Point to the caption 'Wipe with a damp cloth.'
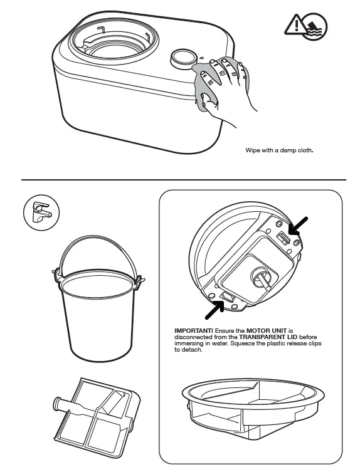(x=278, y=150)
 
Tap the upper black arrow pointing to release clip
(x=300, y=224)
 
